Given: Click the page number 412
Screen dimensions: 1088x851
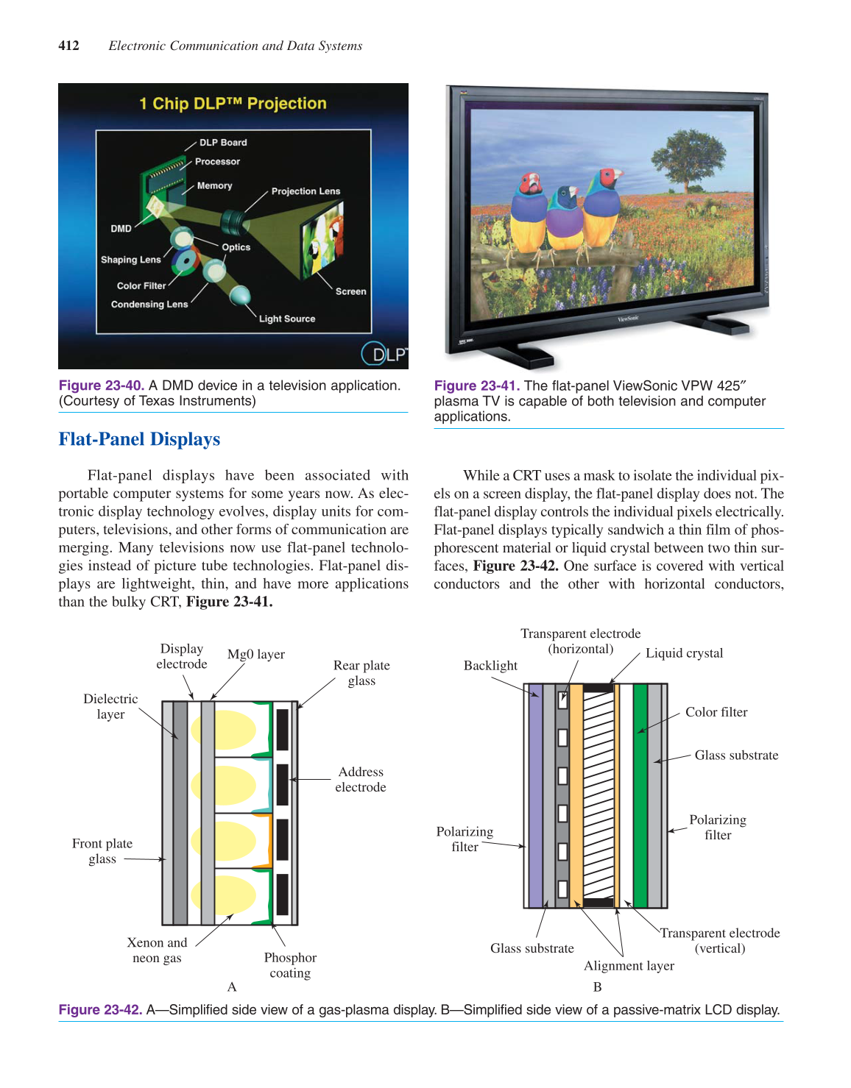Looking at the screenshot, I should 68,46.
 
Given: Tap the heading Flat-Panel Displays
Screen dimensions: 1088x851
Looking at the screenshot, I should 139,439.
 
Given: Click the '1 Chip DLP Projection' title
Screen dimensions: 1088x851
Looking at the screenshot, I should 233,104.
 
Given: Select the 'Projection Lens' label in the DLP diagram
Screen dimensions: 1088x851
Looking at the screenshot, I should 306,191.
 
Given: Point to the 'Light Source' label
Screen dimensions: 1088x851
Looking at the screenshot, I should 286,319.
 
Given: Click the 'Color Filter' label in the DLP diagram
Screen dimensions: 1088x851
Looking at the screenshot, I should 141,285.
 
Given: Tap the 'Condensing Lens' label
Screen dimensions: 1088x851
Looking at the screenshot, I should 149,304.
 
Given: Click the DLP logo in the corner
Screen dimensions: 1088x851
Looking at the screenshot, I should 384,354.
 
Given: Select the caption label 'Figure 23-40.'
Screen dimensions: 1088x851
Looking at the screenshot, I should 102,385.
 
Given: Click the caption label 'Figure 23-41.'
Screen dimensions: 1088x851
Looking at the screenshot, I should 477,385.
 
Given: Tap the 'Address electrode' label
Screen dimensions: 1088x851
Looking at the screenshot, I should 360,779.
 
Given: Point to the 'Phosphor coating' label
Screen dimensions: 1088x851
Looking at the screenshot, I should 290,965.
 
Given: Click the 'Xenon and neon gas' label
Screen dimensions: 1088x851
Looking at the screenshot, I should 157,950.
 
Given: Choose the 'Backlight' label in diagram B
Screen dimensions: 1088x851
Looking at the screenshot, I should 490,666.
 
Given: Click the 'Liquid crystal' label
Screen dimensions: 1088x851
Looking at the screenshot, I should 684,653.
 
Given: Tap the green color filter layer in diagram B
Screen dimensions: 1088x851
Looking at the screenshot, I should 640,794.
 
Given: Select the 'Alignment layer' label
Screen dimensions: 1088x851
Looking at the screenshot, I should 629,966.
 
